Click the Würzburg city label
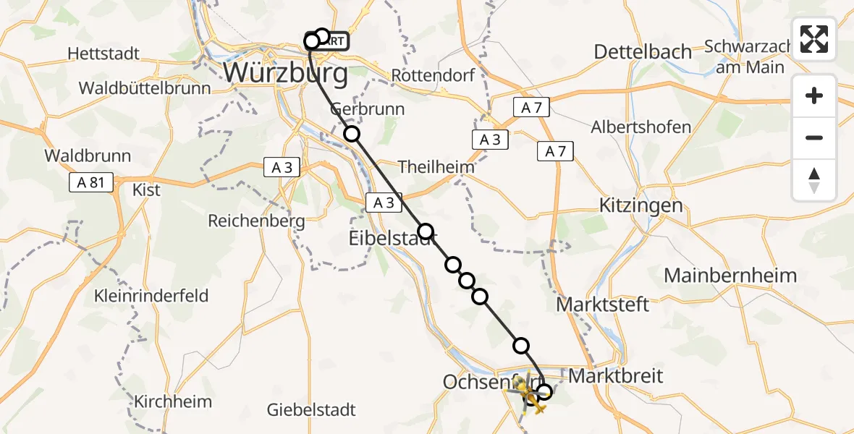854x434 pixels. point(285,72)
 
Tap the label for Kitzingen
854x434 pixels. point(640,205)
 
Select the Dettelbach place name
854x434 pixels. point(643,51)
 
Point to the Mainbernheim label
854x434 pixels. point(730,275)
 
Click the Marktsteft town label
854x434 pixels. point(602,304)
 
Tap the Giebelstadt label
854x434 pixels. point(311,409)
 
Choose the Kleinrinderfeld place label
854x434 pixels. point(151,295)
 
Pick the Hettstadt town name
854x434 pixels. point(103,54)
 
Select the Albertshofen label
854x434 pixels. point(640,127)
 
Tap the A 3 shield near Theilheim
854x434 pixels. point(490,140)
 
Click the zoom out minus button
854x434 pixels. point(814,137)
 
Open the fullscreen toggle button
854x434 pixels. point(814,38)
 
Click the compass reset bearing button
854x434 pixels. point(814,180)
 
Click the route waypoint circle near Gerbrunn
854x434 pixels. point(351,133)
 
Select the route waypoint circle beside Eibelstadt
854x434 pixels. point(426,231)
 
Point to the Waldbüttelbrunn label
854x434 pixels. point(145,88)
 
